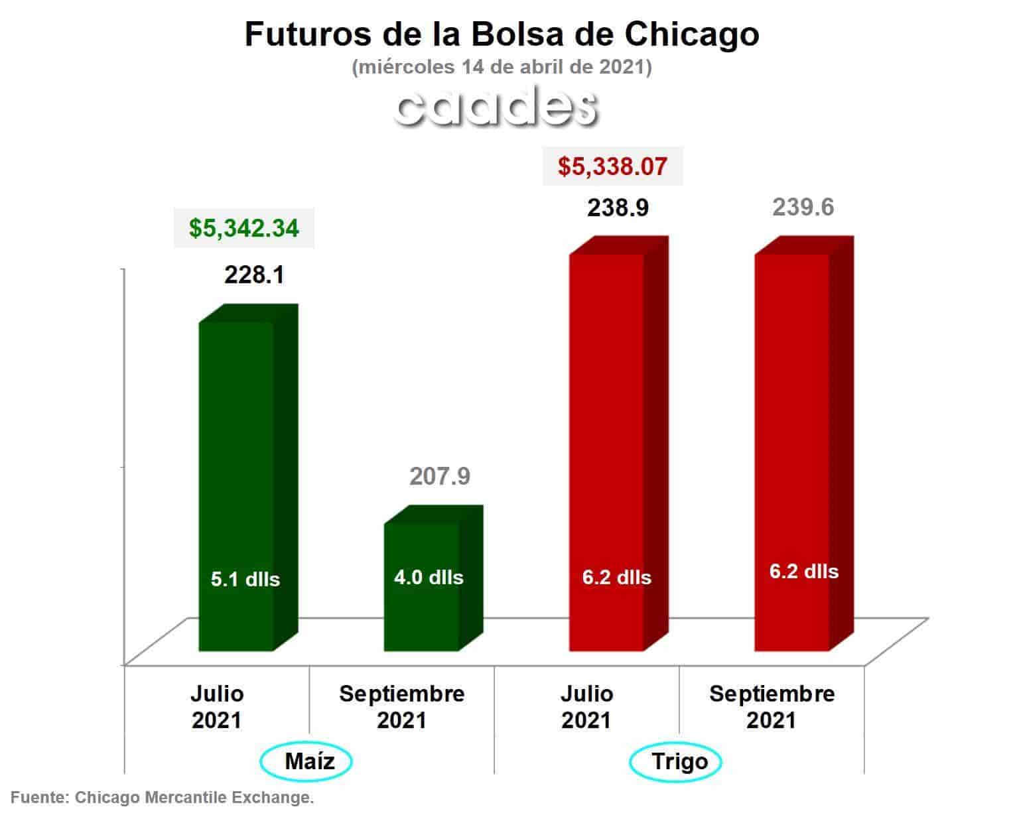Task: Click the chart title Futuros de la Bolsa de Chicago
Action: click(x=502, y=35)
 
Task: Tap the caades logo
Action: click(x=496, y=106)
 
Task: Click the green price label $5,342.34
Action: click(x=244, y=228)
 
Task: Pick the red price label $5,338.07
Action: click(x=613, y=166)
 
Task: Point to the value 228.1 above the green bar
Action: click(x=254, y=275)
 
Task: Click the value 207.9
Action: click(x=440, y=476)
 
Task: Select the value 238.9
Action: click(x=618, y=208)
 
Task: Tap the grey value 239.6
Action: click(x=803, y=208)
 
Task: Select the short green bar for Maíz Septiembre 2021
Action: click(x=433, y=579)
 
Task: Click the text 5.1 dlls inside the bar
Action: click(x=245, y=580)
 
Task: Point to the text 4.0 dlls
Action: click(x=429, y=578)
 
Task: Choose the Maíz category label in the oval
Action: click(x=310, y=761)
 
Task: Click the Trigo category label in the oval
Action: click(x=680, y=762)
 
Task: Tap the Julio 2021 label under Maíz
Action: click(x=217, y=707)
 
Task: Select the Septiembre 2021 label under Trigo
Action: click(x=772, y=707)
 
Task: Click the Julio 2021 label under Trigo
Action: click(x=586, y=707)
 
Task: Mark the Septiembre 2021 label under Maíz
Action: click(x=402, y=707)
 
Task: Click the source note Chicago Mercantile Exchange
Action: click(x=194, y=797)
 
